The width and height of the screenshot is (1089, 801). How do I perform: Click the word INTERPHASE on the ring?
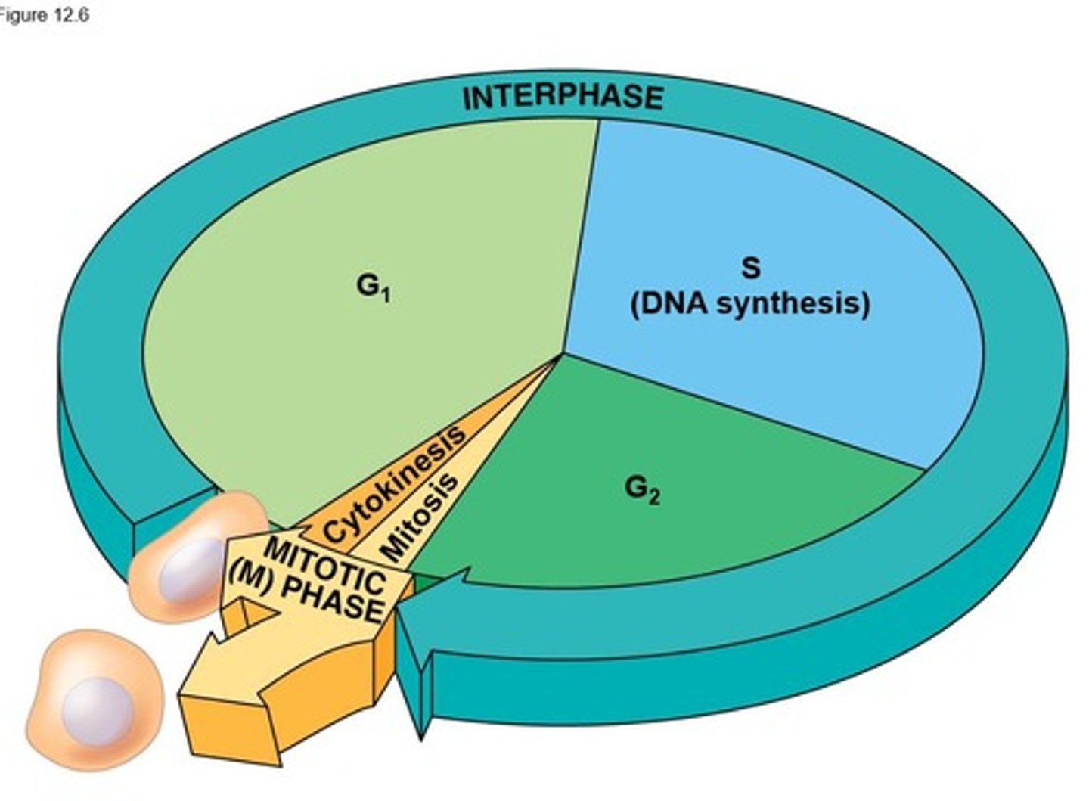click(x=563, y=98)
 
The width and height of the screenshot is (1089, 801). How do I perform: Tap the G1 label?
click(x=373, y=287)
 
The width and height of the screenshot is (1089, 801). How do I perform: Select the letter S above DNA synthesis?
click(x=750, y=268)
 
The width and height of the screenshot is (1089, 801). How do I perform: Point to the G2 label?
click(x=642, y=489)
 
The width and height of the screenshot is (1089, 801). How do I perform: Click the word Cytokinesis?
click(x=394, y=484)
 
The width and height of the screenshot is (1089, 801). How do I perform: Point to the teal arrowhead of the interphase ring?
click(x=431, y=605)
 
